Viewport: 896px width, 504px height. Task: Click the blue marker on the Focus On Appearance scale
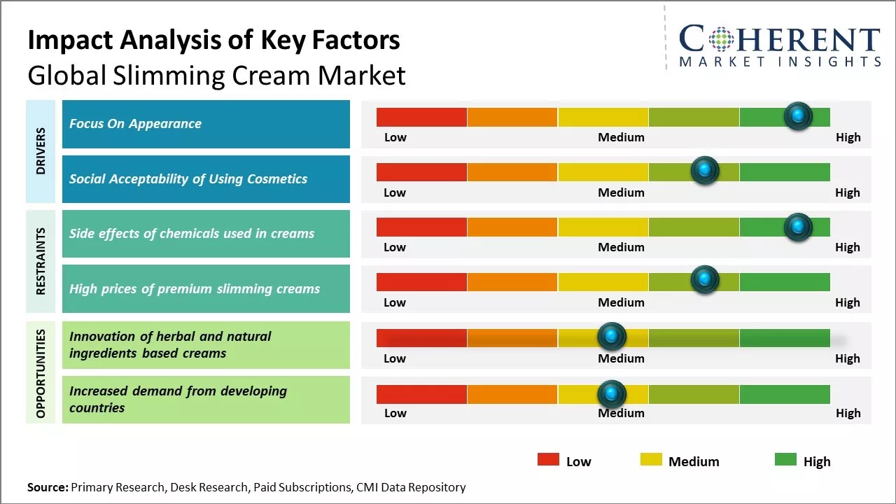coord(798,116)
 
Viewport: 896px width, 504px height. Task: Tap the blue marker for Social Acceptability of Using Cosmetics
coord(705,171)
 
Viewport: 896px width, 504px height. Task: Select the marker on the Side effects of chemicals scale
coord(798,226)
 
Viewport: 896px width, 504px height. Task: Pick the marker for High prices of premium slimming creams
coord(705,280)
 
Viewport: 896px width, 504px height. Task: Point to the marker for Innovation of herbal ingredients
coord(612,337)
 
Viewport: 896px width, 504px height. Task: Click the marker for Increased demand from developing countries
coord(612,393)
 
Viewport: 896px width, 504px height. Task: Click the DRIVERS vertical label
coord(41,151)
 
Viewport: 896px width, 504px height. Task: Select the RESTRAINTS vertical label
coord(41,261)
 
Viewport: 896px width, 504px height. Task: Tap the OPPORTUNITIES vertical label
coord(41,372)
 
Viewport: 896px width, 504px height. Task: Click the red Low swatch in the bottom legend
coord(548,459)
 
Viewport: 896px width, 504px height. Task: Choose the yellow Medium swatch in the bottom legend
coord(651,459)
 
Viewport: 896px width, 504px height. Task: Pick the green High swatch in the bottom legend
coord(785,459)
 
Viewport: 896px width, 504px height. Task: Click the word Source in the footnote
coord(47,487)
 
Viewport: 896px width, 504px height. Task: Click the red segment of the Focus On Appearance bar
coord(421,117)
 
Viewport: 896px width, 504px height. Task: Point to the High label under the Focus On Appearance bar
coord(848,137)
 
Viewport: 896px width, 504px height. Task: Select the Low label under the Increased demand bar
coord(395,413)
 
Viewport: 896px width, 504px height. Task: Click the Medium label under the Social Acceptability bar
coord(621,192)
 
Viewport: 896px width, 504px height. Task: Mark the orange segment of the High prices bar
coord(512,281)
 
